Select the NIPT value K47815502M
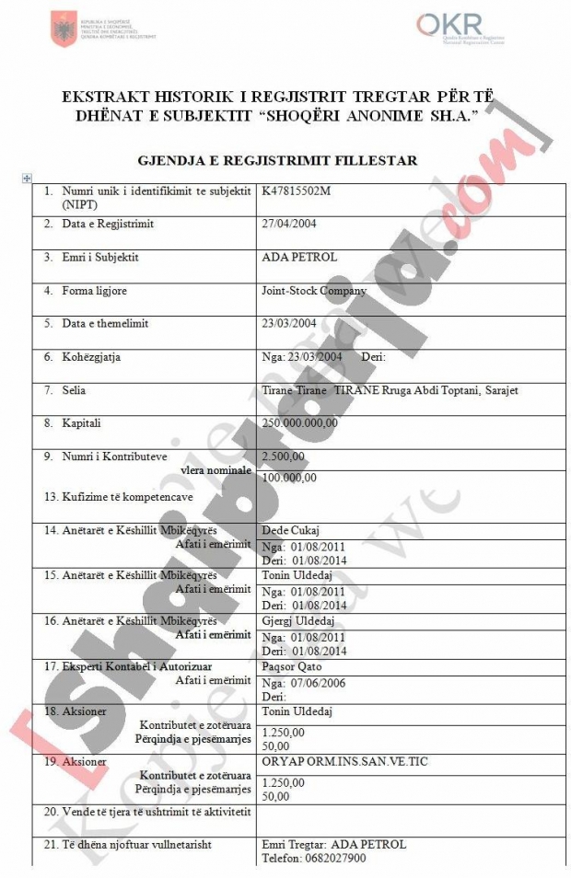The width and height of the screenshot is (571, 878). point(294,191)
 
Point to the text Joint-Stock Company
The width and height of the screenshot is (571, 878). point(314,291)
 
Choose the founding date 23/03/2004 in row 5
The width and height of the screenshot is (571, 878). point(289,324)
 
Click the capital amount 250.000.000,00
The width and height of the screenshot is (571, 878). point(300,423)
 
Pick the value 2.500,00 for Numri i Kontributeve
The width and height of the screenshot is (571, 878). point(282,456)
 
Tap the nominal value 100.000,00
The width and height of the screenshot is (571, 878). point(289,477)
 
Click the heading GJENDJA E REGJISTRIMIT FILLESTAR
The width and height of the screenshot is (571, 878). point(276,160)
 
